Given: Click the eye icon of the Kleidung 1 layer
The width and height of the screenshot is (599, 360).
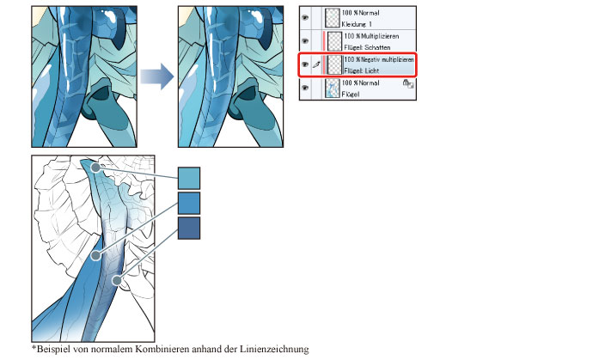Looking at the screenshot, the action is pos(305,17).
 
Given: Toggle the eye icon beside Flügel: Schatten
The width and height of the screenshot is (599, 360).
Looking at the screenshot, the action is pos(305,41).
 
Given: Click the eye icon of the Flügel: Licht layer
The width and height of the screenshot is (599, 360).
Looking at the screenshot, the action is pos(305,64).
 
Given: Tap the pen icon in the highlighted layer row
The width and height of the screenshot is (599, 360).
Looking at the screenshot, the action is pos(316,65).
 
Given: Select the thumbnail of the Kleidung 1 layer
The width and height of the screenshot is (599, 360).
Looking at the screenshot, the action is pos(332,18).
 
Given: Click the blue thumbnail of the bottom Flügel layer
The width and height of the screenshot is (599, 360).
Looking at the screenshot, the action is pos(332,88).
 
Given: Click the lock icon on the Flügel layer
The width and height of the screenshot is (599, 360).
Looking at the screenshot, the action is pos(408,84).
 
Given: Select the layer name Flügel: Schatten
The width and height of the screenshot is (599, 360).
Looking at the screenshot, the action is pos(367,47).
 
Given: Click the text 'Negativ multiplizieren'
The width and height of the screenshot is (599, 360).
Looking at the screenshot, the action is pos(388,59).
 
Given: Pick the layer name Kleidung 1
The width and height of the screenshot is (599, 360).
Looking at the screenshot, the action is pos(357,24).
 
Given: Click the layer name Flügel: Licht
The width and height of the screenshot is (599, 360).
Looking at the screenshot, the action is pos(362,70).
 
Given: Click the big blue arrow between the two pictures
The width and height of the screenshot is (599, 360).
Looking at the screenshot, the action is pos(157,76).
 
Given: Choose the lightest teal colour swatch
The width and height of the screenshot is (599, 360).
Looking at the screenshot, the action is pos(189,178).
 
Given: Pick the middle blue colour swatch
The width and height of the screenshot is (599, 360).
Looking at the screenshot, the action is pos(189,203).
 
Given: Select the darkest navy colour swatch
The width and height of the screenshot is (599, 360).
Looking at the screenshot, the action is pos(189,229).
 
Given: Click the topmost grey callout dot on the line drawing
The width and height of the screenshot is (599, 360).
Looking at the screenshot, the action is pos(96,168).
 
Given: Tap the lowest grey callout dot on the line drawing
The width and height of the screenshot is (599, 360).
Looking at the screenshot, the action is pos(117,281).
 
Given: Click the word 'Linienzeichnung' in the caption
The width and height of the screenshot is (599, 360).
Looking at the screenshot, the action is pos(274,349).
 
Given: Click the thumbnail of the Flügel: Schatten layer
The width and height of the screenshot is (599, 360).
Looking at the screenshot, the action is pos(334,41).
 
